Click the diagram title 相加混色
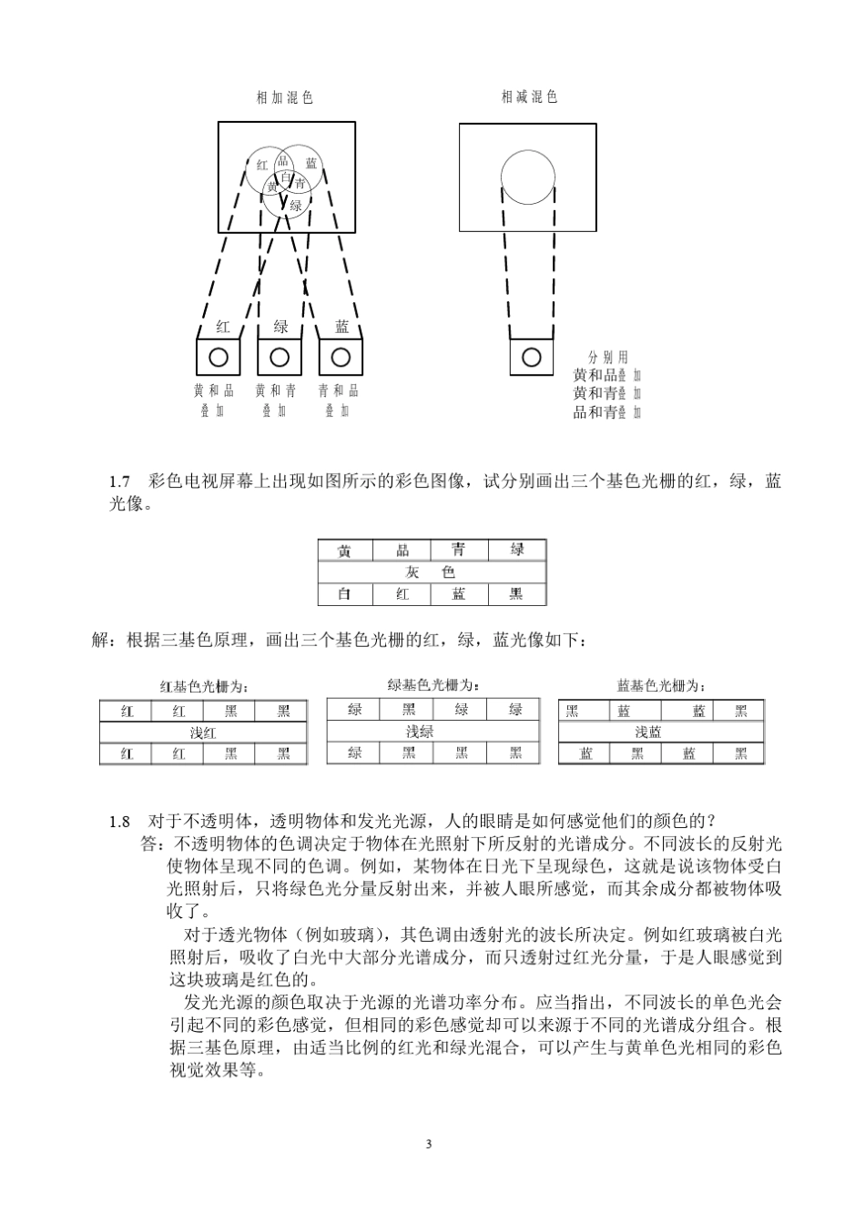285,97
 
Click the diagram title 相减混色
529,96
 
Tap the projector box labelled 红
219,356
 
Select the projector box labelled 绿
280,356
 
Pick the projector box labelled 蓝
341,356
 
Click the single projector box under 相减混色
531,356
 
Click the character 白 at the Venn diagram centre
285,177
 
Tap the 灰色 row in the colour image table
432,572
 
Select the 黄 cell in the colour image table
345,551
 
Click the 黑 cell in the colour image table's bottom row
516,594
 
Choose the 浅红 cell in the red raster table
203,733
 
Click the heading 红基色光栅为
204,686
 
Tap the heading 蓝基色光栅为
660,686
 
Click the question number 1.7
120,481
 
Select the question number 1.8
120,822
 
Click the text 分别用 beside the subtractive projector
608,358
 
